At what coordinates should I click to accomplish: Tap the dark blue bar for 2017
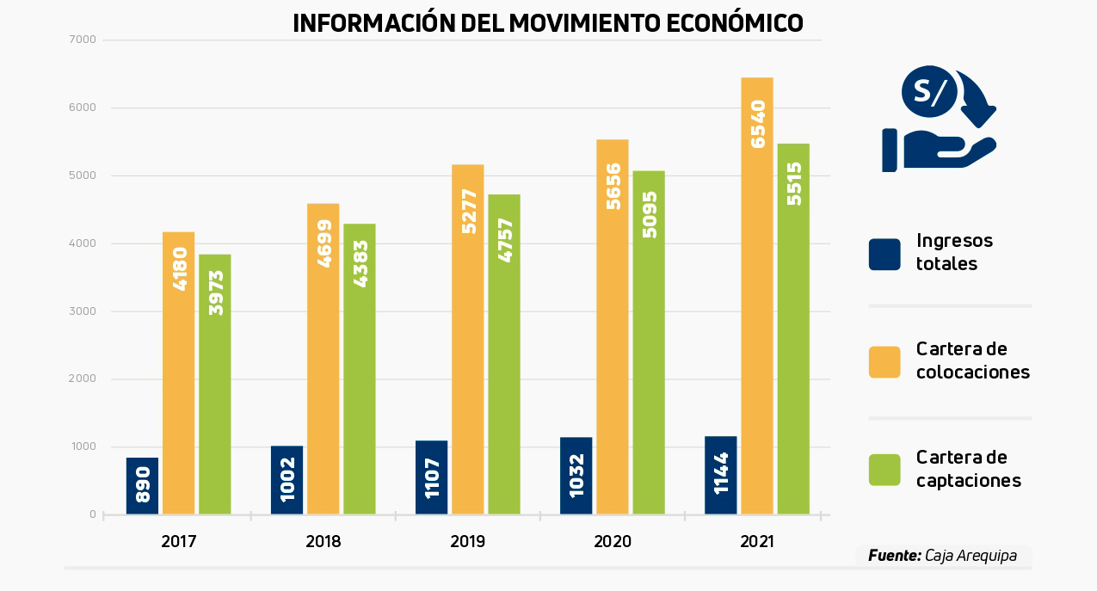142,486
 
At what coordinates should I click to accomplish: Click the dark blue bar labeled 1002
287,480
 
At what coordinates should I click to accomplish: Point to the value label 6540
758,124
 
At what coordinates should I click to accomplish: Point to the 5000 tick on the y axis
87,175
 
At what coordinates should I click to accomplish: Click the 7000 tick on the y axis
87,40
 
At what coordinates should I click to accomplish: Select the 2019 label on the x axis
468,542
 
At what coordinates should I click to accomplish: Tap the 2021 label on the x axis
757,542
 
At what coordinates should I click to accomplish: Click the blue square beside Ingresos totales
884,255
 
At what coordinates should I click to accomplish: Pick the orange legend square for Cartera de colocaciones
884,362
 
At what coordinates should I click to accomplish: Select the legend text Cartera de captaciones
968,469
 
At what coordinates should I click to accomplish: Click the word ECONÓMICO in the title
735,23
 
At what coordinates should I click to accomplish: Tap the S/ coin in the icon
929,91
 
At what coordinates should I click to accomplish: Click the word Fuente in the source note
894,556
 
